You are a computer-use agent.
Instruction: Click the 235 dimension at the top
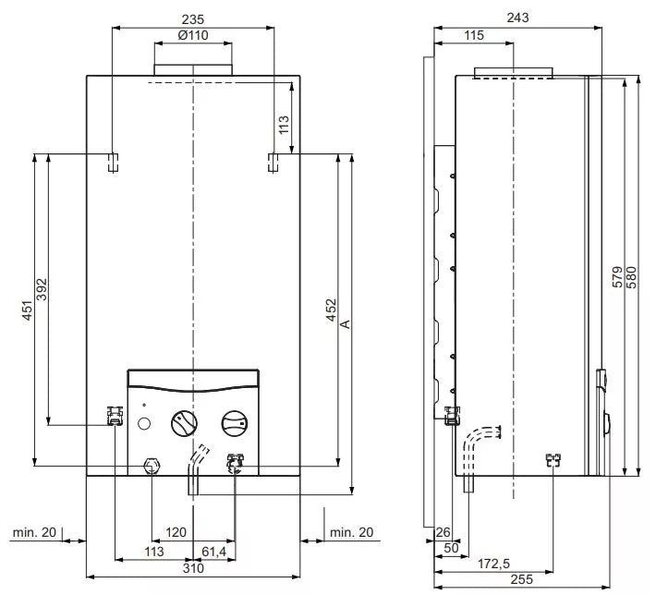tap(193, 19)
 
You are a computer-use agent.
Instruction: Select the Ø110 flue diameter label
tap(192, 35)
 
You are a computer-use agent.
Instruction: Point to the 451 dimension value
tap(28, 310)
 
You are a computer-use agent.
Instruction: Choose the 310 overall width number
tap(192, 569)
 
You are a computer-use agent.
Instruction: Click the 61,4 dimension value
tap(215, 552)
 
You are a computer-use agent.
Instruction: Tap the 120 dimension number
tap(176, 532)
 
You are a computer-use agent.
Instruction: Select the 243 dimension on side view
tap(517, 19)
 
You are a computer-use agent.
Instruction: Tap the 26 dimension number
tap(443, 532)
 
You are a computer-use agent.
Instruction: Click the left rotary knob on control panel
tap(184, 425)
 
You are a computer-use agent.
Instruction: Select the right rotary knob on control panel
tap(234, 425)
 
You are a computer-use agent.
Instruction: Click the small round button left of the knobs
tap(144, 425)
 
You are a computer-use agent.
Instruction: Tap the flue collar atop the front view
tap(192, 70)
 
